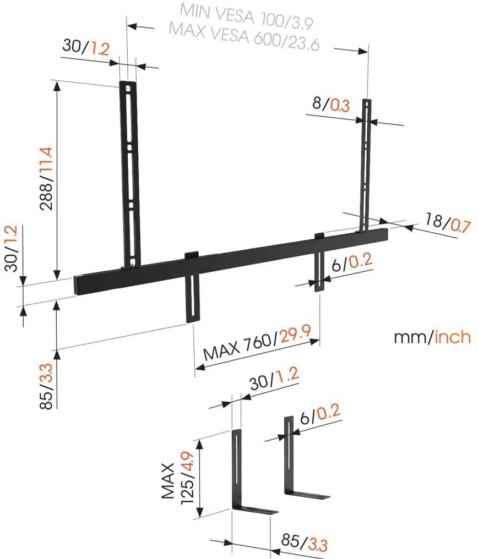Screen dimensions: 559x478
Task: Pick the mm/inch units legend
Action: [432, 337]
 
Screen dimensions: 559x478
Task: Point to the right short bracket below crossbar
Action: [320, 264]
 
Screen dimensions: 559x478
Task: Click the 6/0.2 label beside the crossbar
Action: [353, 264]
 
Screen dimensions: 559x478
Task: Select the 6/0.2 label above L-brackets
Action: [321, 414]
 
